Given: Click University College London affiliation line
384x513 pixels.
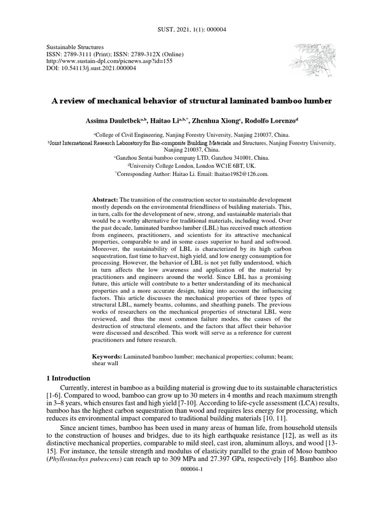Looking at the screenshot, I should click(192, 165).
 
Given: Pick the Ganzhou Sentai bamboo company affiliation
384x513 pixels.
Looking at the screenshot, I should click(192, 157).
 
